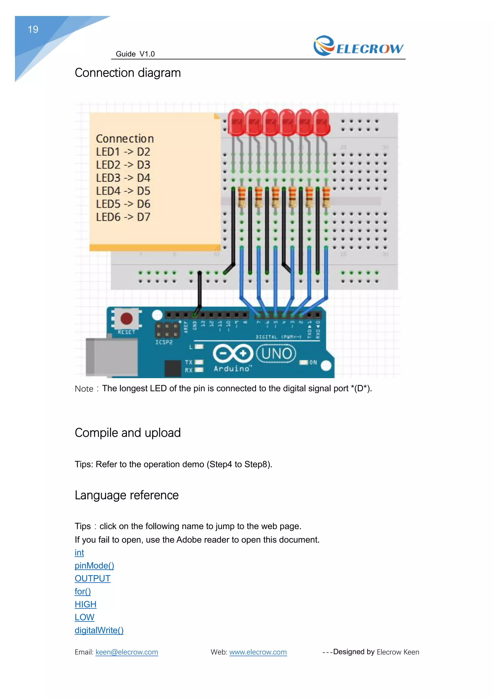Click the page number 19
pos(33,29)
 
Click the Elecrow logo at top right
pos(358,46)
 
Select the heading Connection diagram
pos(128,73)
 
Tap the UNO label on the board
pos(276,354)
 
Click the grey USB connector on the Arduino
pos(111,357)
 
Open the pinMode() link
pos(94,565)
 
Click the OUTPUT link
pos(92,578)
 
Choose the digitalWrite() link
pos(99,630)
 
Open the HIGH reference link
pos(85,604)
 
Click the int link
pos(79,552)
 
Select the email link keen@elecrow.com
pos(127,652)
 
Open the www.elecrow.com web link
pos(258,652)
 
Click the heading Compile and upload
pos(128,433)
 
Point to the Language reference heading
pos(127,495)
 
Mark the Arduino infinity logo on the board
pos(233,353)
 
